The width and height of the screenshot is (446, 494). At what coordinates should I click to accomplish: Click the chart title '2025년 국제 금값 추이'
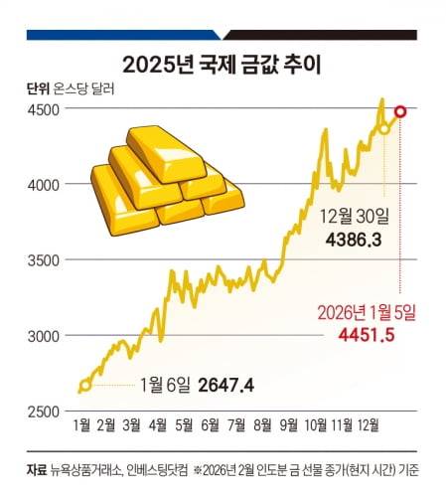(223, 66)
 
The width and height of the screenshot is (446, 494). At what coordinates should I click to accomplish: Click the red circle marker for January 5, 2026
(400, 111)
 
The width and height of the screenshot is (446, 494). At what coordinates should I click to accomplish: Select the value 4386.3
(355, 241)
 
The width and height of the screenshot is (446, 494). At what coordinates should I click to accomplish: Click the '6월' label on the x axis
(210, 424)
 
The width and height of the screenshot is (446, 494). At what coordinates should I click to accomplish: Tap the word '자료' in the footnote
(38, 469)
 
